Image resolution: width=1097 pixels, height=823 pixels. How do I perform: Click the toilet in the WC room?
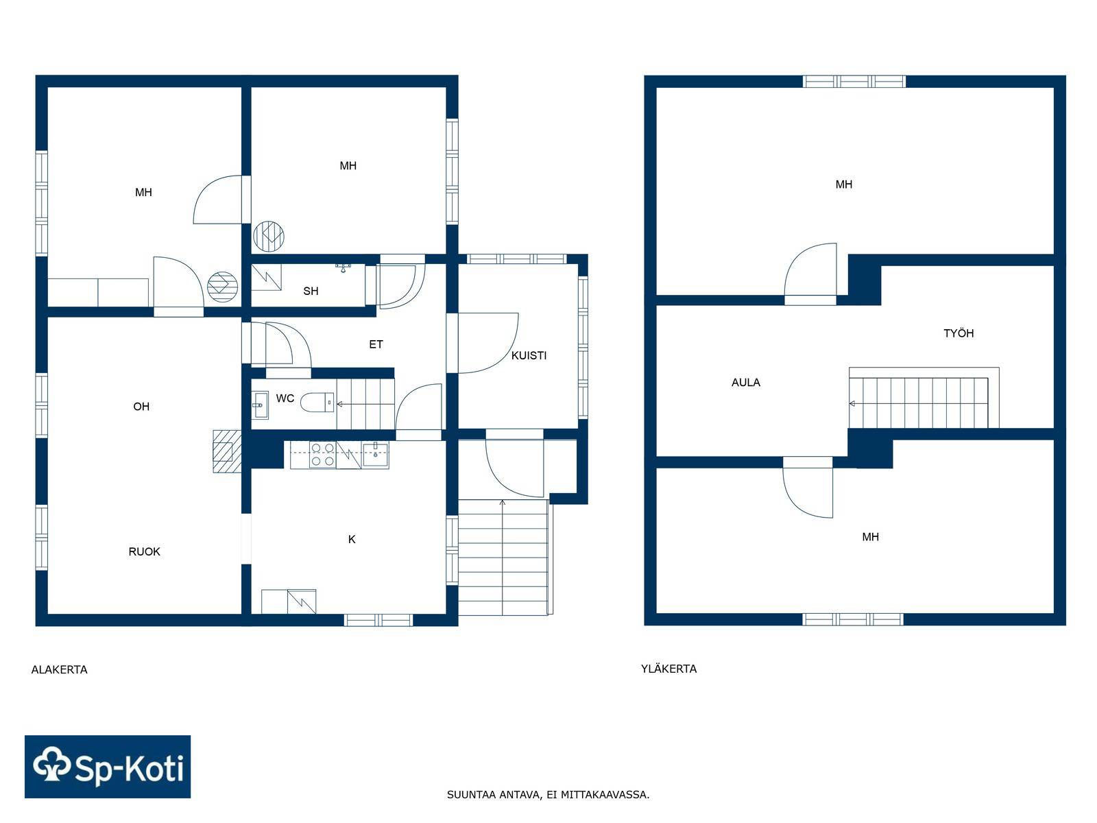317,403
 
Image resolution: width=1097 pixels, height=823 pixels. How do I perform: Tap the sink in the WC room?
259,405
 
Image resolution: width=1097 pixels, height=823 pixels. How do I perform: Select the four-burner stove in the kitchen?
322,454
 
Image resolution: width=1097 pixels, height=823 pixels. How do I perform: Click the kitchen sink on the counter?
375,454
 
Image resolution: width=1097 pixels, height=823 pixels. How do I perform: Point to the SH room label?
311,291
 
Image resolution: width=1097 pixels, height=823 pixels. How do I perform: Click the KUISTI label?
529,355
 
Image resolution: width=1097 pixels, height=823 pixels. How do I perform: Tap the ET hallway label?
376,344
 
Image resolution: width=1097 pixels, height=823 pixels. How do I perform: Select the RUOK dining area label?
145,551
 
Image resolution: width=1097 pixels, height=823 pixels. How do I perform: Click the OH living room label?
141,407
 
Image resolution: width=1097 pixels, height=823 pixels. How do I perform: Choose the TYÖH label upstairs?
959,333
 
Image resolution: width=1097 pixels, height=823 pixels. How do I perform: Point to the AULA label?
746,383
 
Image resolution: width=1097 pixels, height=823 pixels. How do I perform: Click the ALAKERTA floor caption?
60,669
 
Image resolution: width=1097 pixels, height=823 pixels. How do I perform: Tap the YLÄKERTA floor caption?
668,668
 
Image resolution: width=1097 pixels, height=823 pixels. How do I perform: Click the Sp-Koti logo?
108,767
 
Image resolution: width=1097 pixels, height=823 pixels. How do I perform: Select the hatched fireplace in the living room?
227,451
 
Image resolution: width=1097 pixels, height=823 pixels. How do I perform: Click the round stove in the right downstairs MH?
269,236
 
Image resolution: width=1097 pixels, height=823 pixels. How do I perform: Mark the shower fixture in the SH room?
343,267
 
